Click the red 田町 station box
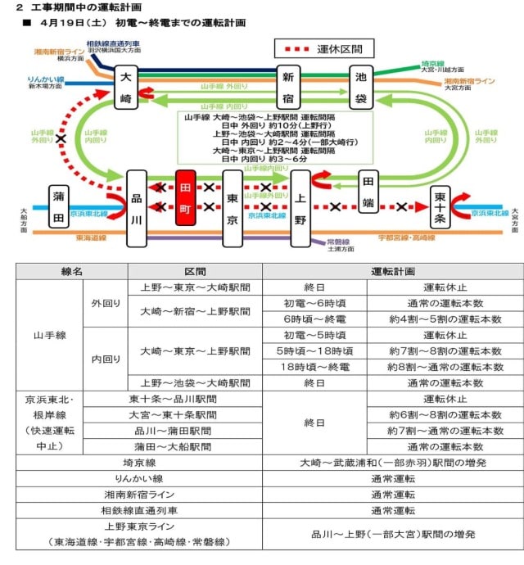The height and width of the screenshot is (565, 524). coord(185,198)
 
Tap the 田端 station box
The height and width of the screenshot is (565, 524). coord(369,190)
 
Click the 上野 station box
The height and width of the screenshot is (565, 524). coord(300,207)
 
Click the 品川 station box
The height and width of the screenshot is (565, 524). coord(137,208)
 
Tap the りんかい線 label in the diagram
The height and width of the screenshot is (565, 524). coord(46,79)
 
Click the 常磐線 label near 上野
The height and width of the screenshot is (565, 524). coord(338,241)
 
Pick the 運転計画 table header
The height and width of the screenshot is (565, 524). coord(392,271)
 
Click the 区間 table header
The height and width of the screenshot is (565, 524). coord(195,271)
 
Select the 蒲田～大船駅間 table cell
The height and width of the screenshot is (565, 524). coord(173,446)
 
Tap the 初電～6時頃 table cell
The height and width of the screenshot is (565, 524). coord(314,303)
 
